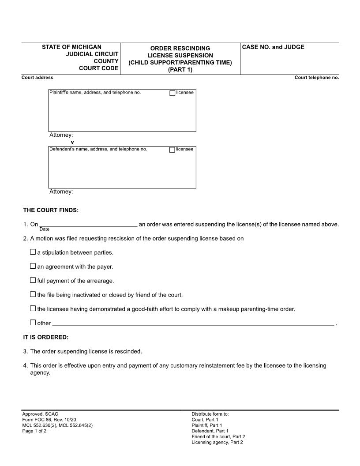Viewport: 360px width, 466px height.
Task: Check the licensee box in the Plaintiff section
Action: (172, 93)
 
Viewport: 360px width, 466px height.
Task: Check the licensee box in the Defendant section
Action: (172, 150)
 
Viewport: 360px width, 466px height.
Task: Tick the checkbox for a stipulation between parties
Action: (33, 252)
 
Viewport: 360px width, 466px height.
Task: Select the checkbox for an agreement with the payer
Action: (33, 267)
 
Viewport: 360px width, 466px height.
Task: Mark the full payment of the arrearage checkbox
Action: (33, 280)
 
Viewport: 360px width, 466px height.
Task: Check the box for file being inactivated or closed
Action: (33, 294)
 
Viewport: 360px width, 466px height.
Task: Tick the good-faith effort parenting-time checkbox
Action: (33, 308)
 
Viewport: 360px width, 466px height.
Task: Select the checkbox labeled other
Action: (33, 323)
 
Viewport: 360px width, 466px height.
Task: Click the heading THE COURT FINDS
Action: (51, 210)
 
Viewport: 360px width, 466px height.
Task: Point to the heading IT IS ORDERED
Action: (46, 337)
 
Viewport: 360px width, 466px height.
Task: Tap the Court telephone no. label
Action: (317, 78)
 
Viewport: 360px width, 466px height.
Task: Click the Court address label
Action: (37, 78)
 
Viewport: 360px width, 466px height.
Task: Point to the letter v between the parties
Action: (72, 142)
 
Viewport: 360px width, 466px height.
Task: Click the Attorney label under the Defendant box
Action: (61, 192)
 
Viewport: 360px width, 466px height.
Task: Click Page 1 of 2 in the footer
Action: (34, 431)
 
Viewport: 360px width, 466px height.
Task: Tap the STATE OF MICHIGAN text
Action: (71, 47)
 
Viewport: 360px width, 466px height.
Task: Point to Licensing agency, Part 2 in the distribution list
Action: (217, 442)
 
